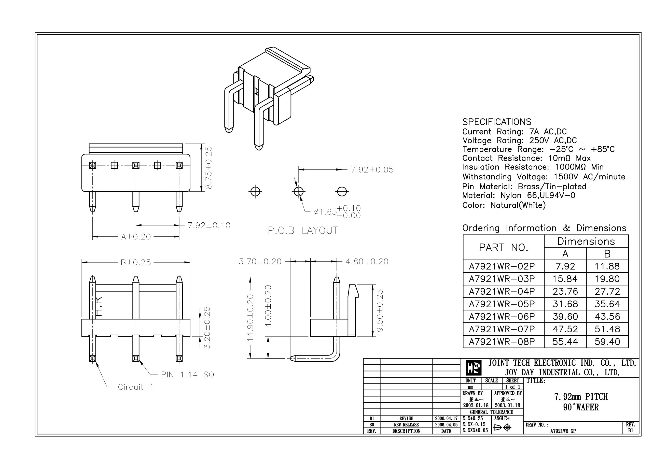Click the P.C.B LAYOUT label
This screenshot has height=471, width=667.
click(x=303, y=230)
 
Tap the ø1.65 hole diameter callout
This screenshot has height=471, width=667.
click(x=337, y=212)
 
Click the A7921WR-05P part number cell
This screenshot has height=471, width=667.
click(x=502, y=304)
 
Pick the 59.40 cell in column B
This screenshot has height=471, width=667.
click(x=607, y=341)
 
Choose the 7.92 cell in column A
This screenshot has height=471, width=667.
click(x=565, y=266)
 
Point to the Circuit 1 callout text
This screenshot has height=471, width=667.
click(x=135, y=387)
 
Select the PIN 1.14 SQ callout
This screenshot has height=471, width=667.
click(x=187, y=375)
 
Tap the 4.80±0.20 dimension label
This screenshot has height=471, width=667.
click(x=367, y=262)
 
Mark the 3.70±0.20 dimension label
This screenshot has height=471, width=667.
click(x=260, y=262)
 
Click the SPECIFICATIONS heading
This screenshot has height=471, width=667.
click(x=496, y=122)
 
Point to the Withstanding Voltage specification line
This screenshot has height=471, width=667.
click(x=544, y=177)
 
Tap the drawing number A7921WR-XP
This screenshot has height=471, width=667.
click(x=563, y=431)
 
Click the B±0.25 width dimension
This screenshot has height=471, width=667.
click(x=136, y=263)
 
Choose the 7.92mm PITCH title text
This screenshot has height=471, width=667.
click(x=581, y=397)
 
